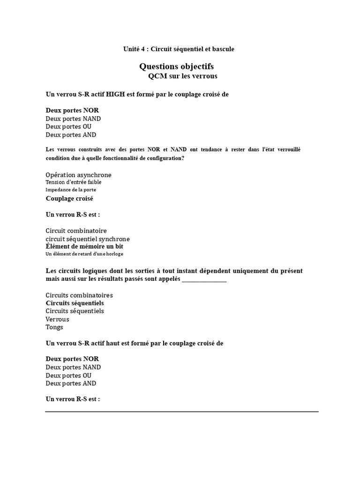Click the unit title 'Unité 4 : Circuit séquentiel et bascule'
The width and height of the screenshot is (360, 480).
pyautogui.click(x=179, y=49)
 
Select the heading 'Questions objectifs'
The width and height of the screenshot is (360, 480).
pyautogui.click(x=177, y=67)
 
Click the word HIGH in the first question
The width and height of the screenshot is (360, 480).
pyautogui.click(x=115, y=94)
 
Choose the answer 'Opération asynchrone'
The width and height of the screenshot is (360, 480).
pyautogui.click(x=78, y=175)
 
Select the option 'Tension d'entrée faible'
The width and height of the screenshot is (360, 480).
pyautogui.click(x=73, y=182)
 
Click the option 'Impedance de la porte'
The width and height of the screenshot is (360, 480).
pyautogui.click(x=71, y=190)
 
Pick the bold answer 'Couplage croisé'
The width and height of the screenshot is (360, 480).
pyautogui.click(x=69, y=198)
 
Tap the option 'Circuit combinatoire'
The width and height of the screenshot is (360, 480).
pyautogui.click(x=76, y=231)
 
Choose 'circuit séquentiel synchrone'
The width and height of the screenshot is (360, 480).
pyautogui.click(x=88, y=239)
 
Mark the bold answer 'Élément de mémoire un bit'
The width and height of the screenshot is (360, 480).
pyautogui.click(x=84, y=246)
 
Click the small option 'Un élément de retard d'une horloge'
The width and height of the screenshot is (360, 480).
pyautogui.click(x=84, y=254)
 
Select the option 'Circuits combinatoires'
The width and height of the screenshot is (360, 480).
pyautogui.click(x=79, y=295)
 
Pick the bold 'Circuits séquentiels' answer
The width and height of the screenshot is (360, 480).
pyautogui.click(x=75, y=303)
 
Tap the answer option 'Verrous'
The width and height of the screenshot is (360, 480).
pyautogui.click(x=57, y=319)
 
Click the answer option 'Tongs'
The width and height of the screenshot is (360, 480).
pyautogui.click(x=54, y=327)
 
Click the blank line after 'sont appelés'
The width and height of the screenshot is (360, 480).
pyautogui.click(x=204, y=280)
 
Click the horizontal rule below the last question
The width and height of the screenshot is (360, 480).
pyautogui.click(x=182, y=412)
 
